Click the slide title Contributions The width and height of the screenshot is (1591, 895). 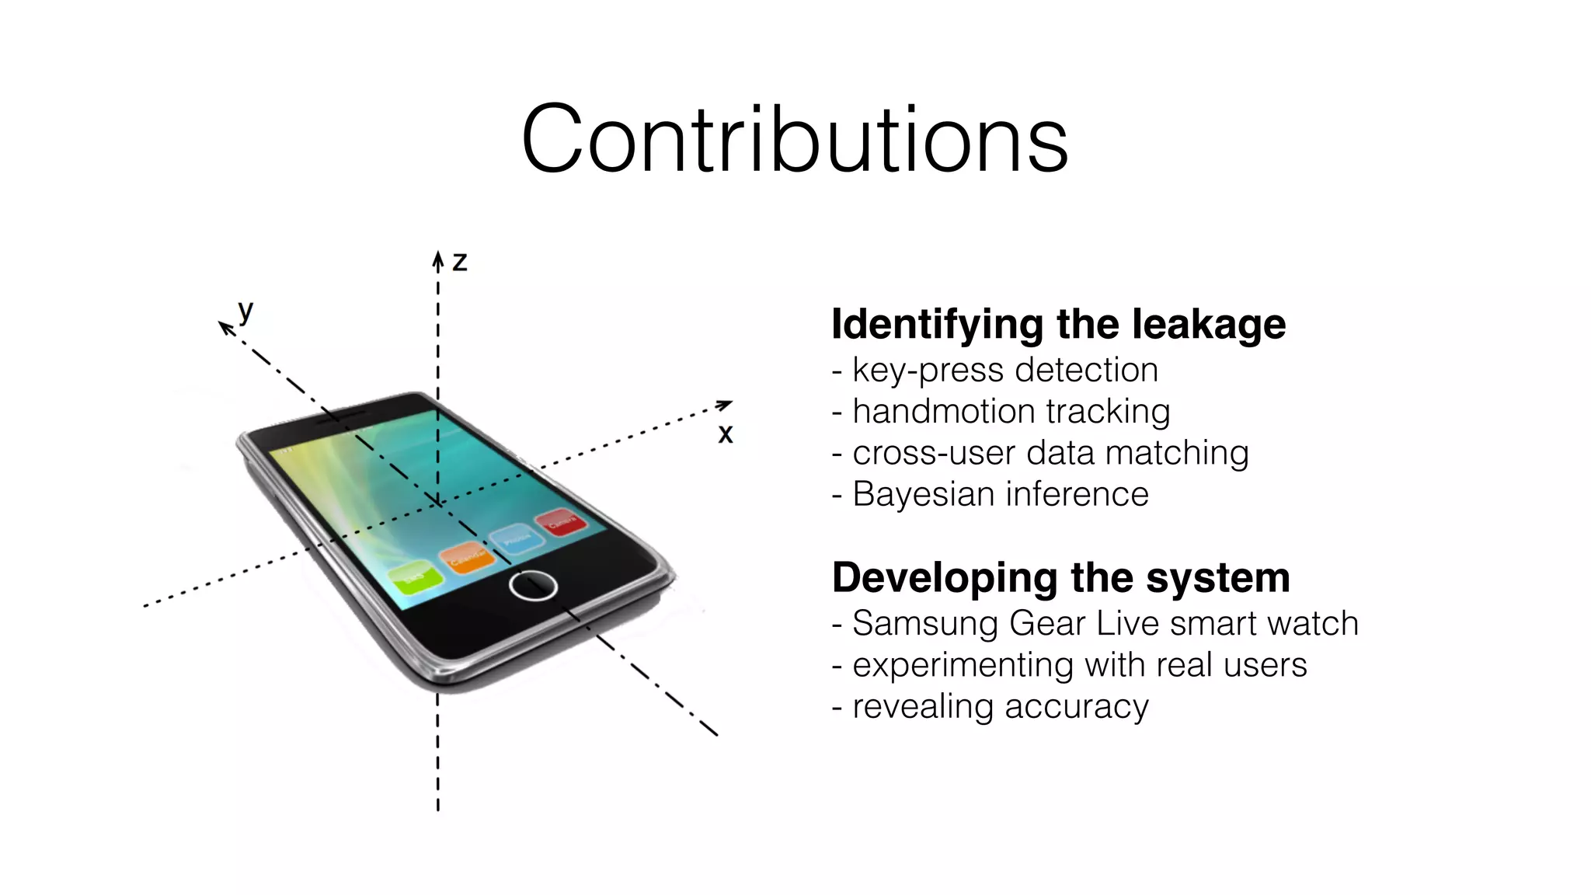(x=795, y=139)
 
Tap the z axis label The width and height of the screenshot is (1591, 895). (x=460, y=262)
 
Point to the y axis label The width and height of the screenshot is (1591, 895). (x=246, y=311)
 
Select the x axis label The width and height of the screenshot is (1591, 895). (x=726, y=434)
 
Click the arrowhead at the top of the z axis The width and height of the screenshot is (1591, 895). (x=438, y=259)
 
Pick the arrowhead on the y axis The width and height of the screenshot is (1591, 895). (x=226, y=328)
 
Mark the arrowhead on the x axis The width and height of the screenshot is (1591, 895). (x=724, y=405)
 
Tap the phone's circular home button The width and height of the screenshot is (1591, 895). (x=533, y=585)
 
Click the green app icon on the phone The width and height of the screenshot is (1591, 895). (x=415, y=576)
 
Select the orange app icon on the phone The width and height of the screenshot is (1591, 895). (x=467, y=557)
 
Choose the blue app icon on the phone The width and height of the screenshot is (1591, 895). (x=517, y=538)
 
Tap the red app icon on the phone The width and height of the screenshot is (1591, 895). (x=561, y=521)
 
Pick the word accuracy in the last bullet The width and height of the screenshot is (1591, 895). (x=1076, y=707)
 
